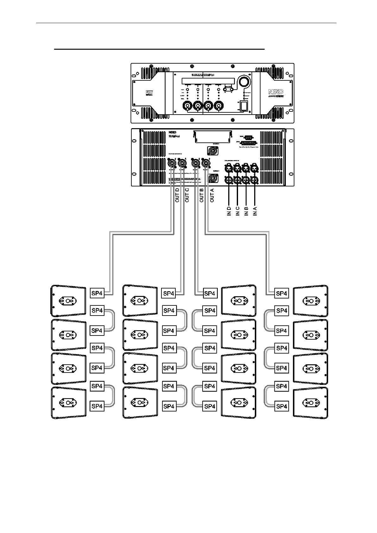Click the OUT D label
177,195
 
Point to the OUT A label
212,195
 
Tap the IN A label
255,211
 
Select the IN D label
229,211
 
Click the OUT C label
187,195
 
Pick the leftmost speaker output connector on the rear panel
171,164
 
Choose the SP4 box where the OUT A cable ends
281,293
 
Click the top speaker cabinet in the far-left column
68,301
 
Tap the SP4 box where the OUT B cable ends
210,293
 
